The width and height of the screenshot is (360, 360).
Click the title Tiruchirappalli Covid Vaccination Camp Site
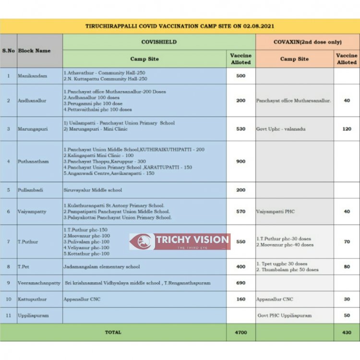[180, 26]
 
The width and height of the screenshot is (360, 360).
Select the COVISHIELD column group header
[159, 42]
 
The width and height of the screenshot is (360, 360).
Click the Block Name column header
[35, 50]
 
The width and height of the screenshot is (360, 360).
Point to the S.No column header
[8, 50]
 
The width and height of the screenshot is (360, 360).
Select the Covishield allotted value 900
[240, 161]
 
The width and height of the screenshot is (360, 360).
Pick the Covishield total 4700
[240, 332]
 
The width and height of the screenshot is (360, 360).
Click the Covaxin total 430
[347, 332]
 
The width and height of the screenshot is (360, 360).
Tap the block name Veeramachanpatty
[39, 283]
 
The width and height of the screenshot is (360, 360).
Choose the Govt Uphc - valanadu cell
[281, 129]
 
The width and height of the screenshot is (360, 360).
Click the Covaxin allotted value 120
[347, 129]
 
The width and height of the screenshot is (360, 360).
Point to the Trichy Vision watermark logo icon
[143, 241]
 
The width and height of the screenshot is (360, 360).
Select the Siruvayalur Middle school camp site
[93, 190]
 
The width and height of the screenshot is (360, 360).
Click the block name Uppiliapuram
[33, 315]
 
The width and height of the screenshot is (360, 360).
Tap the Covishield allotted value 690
[240, 283]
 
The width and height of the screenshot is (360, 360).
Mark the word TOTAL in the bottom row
[113, 332]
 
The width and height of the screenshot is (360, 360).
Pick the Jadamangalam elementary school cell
[101, 266]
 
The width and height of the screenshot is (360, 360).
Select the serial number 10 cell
[8, 299]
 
